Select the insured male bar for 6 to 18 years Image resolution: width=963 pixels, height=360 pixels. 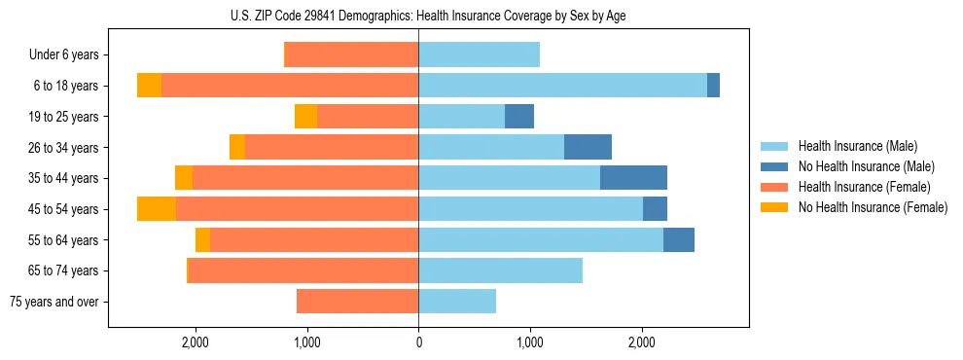coord(562,86)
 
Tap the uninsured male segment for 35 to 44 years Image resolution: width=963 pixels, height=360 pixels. coord(633,178)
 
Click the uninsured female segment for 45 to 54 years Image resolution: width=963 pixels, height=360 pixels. coord(157,209)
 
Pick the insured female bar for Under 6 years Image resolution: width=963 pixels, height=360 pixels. coord(351,54)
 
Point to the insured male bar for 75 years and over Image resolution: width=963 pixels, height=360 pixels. coord(457,302)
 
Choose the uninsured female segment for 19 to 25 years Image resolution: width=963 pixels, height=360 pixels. coord(305,117)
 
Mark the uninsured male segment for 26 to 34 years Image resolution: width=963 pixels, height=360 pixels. coord(588,147)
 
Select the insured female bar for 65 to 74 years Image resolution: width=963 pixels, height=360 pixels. coord(303,270)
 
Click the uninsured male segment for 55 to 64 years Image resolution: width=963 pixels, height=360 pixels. coord(679,239)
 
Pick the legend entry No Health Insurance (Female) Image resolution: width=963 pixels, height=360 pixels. coord(872,207)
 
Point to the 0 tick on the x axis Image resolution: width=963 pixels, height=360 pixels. coord(418,342)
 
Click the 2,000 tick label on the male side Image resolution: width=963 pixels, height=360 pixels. coord(642,342)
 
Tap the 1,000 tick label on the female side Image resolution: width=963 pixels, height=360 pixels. coord(307,342)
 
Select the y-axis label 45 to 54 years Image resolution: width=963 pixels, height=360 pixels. coord(64,209)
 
